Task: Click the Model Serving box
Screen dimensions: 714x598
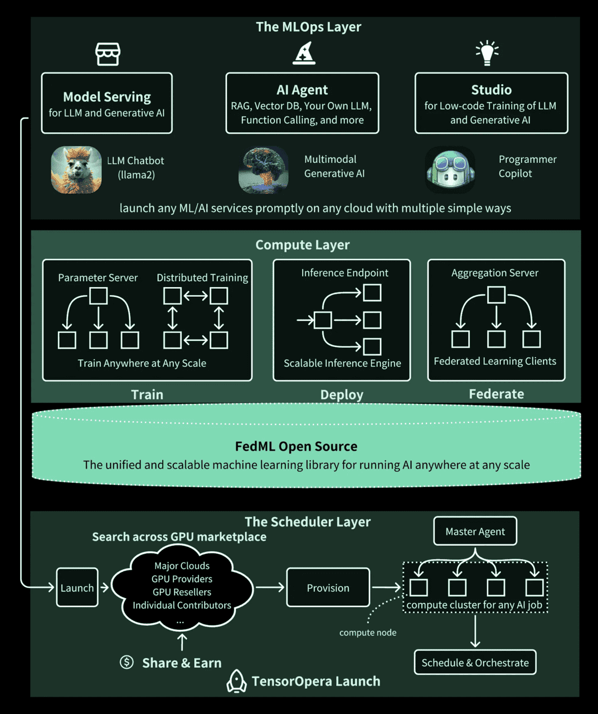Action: (x=107, y=103)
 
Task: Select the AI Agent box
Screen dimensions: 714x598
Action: (x=302, y=103)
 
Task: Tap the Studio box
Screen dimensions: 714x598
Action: (x=491, y=103)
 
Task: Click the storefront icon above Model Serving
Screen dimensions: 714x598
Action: (x=108, y=54)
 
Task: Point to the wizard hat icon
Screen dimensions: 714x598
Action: (x=304, y=54)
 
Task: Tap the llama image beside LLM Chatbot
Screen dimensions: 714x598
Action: (x=76, y=170)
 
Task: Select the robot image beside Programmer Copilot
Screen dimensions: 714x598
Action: (x=450, y=170)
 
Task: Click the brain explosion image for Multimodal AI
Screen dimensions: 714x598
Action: (x=264, y=170)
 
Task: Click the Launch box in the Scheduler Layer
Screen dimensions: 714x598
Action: (x=77, y=587)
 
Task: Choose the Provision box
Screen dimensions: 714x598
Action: (x=328, y=587)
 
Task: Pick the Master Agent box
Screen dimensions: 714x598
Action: (x=475, y=531)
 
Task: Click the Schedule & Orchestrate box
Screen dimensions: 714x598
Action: (x=475, y=662)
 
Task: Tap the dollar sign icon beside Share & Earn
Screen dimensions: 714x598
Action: (x=127, y=662)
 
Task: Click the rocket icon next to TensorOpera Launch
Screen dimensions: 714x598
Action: (x=237, y=681)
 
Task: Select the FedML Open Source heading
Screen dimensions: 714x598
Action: (x=296, y=446)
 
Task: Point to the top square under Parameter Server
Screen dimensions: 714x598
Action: (x=99, y=296)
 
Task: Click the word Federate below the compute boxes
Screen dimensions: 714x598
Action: (x=496, y=394)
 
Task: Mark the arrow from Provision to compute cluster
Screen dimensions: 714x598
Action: (x=386, y=587)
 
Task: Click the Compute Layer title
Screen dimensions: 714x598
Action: (x=303, y=245)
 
